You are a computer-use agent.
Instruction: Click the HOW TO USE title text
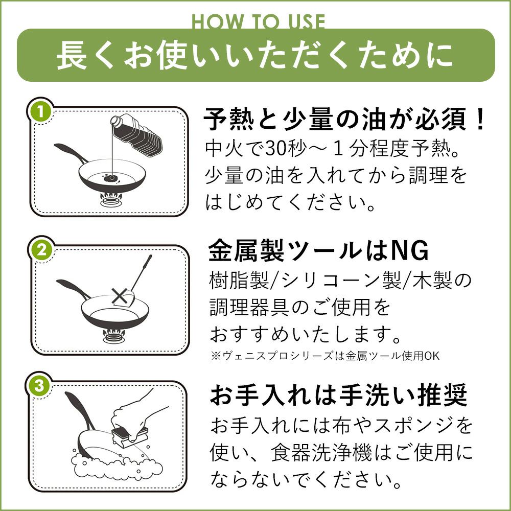[258, 21]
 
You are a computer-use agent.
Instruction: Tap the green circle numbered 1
[40, 112]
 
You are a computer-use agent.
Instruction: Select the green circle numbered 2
[41, 250]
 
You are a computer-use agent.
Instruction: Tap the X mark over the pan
[119, 297]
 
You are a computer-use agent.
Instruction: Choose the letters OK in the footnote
[432, 356]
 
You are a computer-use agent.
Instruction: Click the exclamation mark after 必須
[479, 120]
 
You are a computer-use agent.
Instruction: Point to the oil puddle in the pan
[110, 178]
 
